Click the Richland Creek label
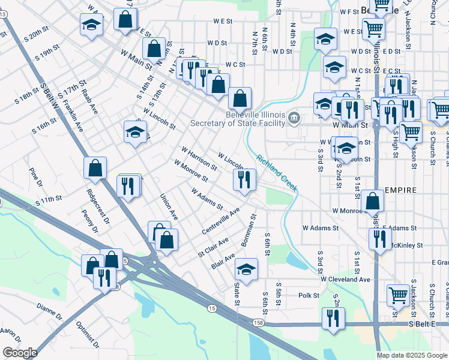[x=277, y=174]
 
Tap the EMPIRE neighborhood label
[x=400, y=190]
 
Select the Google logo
[x=19, y=353]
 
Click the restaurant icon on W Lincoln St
[x=244, y=179]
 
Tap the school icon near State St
[x=246, y=269]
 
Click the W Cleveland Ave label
[x=345, y=280]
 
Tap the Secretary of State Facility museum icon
[x=294, y=116]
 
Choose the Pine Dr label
[x=35, y=176]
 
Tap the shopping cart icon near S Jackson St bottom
[x=399, y=295]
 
